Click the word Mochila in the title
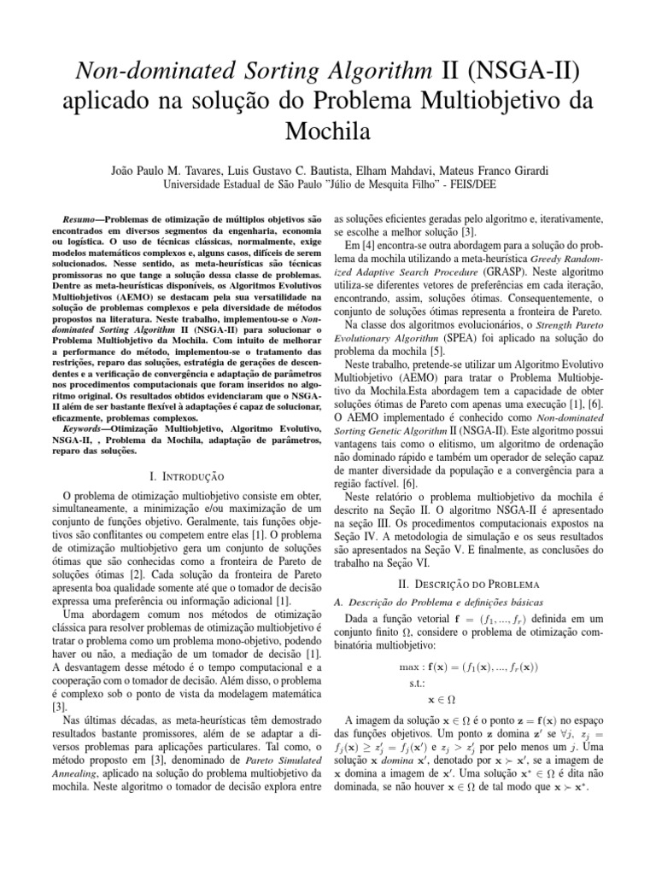(328, 132)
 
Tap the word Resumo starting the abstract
(81, 220)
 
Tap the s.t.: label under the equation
(420, 684)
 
